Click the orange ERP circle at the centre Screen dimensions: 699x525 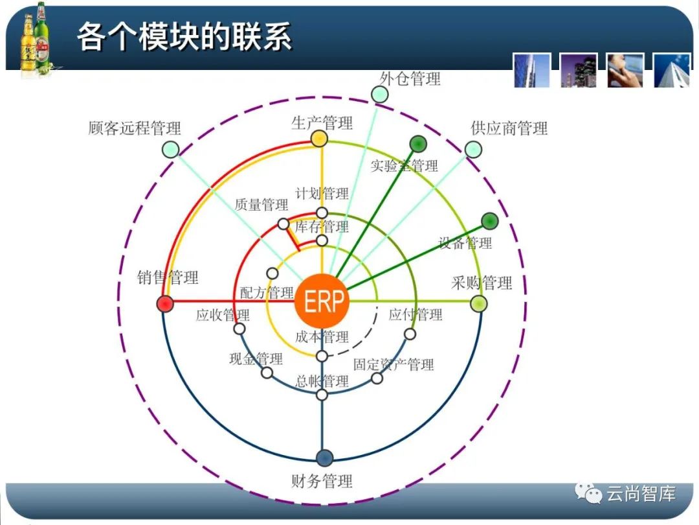[322, 302]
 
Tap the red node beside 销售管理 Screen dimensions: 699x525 [165, 303]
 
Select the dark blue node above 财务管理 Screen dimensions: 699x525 [325, 458]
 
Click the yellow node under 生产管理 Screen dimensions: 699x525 [319, 138]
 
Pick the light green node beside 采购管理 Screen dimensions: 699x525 [478, 303]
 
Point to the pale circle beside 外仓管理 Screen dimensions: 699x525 [380, 95]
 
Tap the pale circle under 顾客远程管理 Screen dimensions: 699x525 [170, 150]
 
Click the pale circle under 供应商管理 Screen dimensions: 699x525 [473, 150]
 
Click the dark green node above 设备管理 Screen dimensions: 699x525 [490, 220]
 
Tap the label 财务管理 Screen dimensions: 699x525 [322, 481]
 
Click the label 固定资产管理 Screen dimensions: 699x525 [394, 364]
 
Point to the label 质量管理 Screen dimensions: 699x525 [261, 205]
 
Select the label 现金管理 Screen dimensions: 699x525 [256, 358]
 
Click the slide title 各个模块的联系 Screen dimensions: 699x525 [184, 36]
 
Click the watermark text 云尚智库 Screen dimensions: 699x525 [641, 494]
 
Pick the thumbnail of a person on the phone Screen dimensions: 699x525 [625, 70]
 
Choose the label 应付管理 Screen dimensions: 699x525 [416, 315]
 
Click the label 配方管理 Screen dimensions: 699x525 [267, 293]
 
